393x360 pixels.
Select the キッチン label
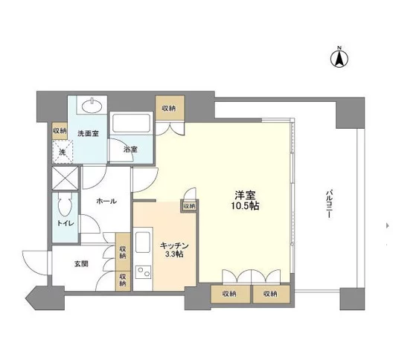tap(176, 245)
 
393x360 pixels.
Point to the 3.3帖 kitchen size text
tap(176, 254)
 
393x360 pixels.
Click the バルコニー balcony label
tap(328, 207)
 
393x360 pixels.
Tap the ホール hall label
tap(105, 202)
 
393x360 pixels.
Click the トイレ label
tap(65, 222)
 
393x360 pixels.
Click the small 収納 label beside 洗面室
tap(60, 131)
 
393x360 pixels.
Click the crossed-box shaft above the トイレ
tap(65, 179)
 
